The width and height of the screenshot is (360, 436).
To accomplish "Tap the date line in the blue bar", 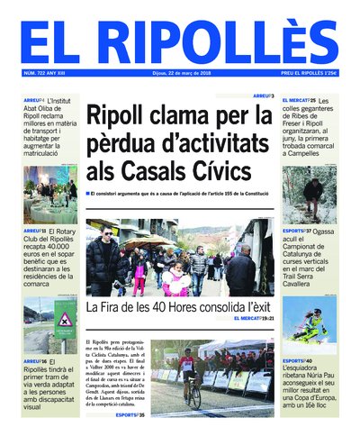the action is (180, 74).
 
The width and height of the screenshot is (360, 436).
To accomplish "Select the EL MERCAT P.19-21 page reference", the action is (253, 319).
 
